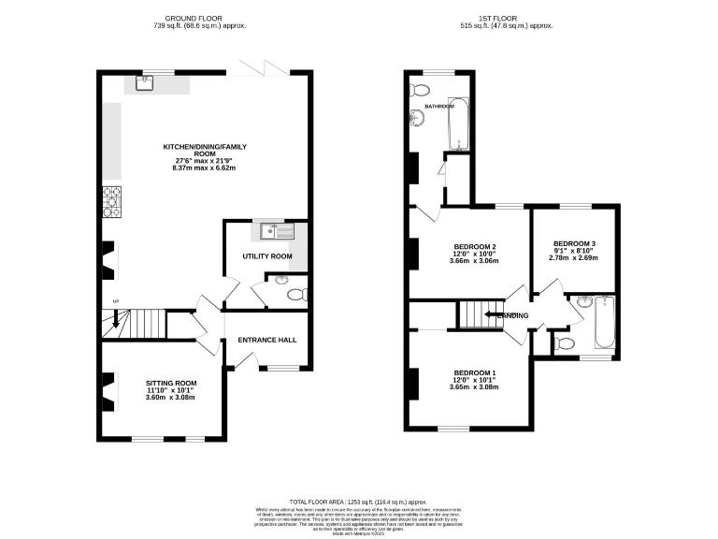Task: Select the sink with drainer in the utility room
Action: pyautogui.click(x=278, y=229)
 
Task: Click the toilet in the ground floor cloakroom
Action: pyautogui.click(x=294, y=293)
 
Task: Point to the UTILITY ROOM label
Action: pyautogui.click(x=267, y=255)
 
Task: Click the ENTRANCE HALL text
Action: pyautogui.click(x=267, y=339)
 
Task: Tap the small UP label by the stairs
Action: pyautogui.click(x=115, y=301)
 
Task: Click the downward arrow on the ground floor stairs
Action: pyautogui.click(x=117, y=323)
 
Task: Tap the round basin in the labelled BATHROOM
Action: pyautogui.click(x=416, y=118)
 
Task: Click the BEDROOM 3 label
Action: pyautogui.click(x=574, y=243)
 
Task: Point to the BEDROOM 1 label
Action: pyautogui.click(x=475, y=373)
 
